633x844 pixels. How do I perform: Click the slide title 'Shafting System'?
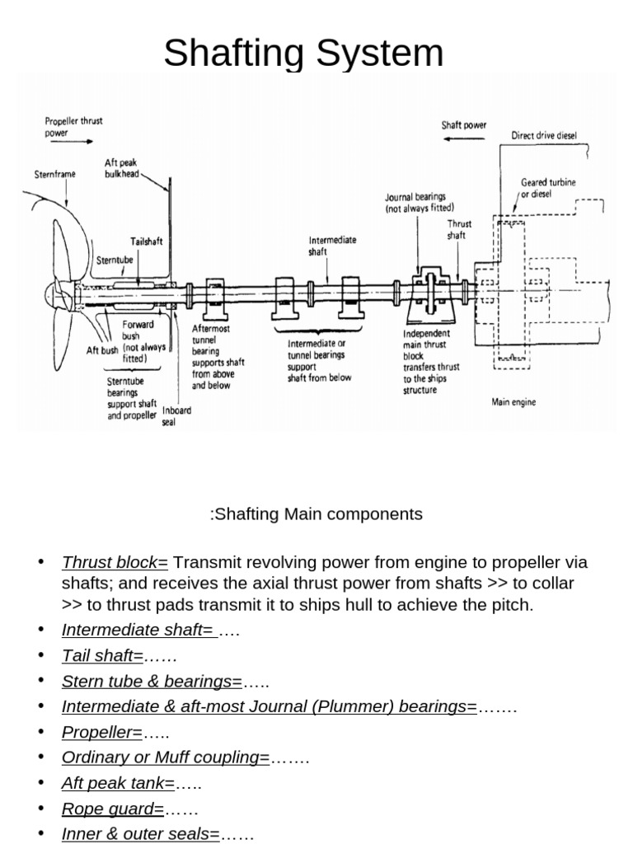(x=303, y=54)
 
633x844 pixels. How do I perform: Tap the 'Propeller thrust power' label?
(x=74, y=126)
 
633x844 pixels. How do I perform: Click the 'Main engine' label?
(x=513, y=402)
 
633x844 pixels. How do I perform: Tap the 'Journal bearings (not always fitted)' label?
(x=420, y=203)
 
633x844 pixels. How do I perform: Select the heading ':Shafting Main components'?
(x=316, y=514)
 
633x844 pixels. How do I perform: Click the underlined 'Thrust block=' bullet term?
(x=115, y=563)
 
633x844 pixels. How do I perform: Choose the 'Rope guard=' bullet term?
(x=113, y=809)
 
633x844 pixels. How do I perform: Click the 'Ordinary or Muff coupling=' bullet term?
(x=166, y=758)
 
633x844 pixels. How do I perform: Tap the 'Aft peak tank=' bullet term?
(x=117, y=784)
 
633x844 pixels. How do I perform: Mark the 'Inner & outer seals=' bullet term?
(x=140, y=834)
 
